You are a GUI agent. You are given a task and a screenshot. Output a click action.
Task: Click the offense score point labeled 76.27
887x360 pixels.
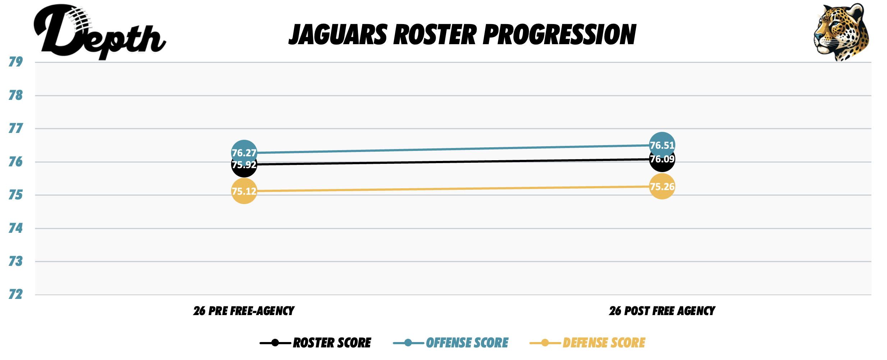point(244,153)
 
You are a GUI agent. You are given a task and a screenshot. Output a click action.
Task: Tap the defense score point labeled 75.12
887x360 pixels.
point(244,191)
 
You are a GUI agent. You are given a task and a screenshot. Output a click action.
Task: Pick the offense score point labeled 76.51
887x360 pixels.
point(662,145)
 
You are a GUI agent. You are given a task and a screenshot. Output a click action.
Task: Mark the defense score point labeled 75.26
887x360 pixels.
point(662,186)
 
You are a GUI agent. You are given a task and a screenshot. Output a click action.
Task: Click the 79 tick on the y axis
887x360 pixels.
point(16,62)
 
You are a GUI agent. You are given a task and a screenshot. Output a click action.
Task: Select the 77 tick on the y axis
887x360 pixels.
point(16,128)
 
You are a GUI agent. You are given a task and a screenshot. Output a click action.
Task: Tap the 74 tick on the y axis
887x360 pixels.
point(16,228)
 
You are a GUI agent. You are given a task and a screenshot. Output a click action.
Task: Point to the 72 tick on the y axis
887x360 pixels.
point(16,295)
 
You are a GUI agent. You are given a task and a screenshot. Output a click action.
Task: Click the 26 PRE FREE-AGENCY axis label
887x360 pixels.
point(244,311)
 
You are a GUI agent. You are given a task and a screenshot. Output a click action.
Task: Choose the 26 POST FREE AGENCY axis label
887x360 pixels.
point(662,311)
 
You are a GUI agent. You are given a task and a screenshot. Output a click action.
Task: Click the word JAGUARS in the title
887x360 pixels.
point(338,35)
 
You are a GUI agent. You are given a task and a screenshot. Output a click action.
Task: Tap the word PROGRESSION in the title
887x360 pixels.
point(559,35)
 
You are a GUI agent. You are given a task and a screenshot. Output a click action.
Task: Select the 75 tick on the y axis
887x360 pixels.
point(16,195)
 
